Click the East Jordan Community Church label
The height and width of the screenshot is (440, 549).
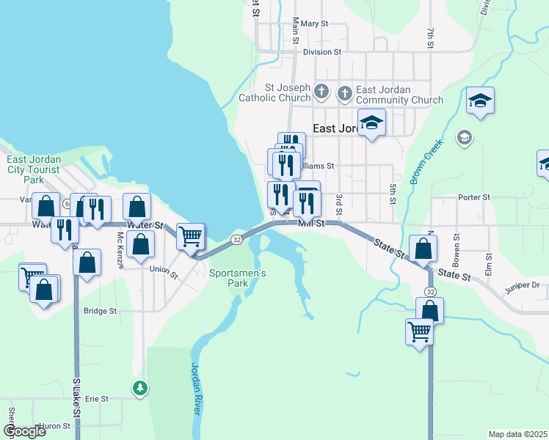(x=399, y=95)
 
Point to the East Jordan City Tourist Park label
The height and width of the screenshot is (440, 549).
(x=34, y=169)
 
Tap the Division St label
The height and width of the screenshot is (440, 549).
(x=322, y=53)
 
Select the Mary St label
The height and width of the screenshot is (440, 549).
(x=313, y=24)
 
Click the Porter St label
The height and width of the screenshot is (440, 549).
(x=473, y=197)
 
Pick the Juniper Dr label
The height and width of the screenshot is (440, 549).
(x=522, y=285)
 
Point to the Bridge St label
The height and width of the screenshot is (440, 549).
(x=100, y=311)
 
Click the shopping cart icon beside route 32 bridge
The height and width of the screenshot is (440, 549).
(x=190, y=236)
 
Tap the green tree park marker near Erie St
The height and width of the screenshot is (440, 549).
(x=139, y=387)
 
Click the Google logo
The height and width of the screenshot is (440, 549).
(x=23, y=431)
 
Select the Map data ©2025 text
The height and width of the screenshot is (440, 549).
(x=517, y=434)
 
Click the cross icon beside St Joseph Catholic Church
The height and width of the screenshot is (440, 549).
(x=321, y=92)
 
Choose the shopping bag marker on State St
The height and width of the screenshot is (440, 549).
(x=423, y=249)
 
